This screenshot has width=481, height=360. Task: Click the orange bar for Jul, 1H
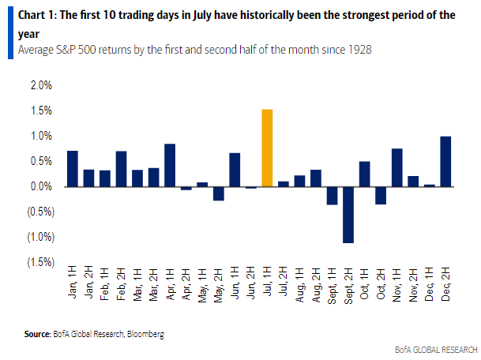click(267, 148)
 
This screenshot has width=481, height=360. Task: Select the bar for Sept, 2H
click(348, 215)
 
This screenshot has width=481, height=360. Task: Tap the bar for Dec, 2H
click(445, 162)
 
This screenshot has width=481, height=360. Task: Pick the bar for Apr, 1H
click(170, 165)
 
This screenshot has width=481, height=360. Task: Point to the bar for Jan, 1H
click(73, 168)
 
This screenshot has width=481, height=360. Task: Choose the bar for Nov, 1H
click(396, 167)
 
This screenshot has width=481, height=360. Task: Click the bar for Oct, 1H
click(364, 174)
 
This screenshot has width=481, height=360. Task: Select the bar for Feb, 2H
click(121, 168)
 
